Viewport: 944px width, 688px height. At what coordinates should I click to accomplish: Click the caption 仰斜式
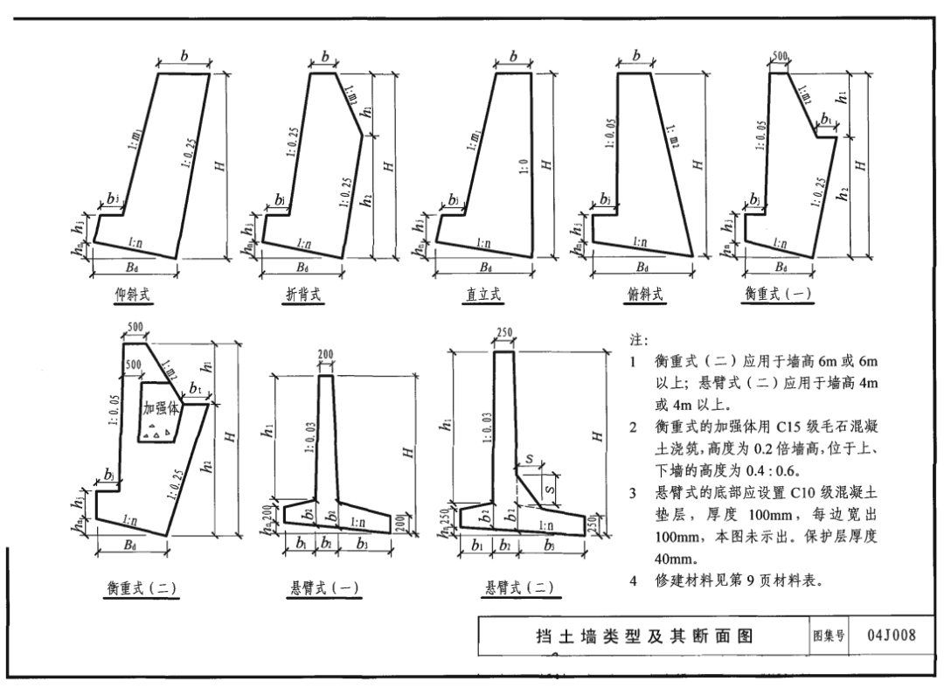(x=133, y=295)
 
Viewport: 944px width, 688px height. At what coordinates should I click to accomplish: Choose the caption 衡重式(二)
(x=141, y=587)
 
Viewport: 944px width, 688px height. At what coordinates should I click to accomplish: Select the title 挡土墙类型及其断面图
(x=643, y=636)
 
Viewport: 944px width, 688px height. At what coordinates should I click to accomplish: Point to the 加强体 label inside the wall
(x=161, y=407)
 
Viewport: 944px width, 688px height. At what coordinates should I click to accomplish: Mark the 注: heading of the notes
(x=638, y=339)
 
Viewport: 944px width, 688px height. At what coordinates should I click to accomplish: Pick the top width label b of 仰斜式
(x=184, y=56)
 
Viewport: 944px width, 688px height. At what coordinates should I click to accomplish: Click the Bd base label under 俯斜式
(x=642, y=267)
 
